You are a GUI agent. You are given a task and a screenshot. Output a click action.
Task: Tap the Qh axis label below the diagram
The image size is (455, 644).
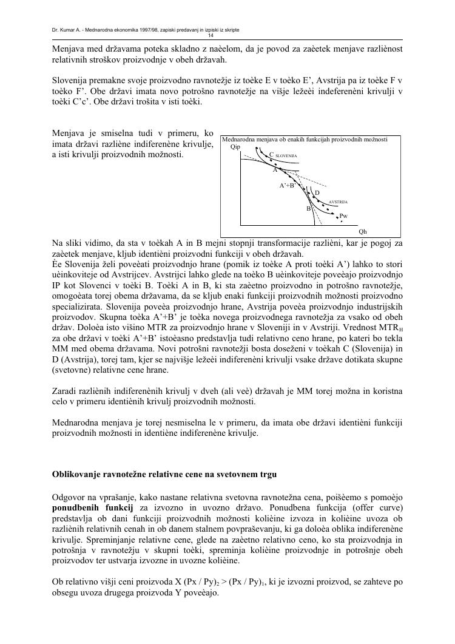(x=362, y=231)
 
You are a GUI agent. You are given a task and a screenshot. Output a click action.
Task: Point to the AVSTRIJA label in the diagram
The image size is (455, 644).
(x=338, y=201)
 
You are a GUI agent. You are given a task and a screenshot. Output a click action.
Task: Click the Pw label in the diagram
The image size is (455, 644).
(x=343, y=215)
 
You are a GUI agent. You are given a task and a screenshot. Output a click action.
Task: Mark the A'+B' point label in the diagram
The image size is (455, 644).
(x=286, y=186)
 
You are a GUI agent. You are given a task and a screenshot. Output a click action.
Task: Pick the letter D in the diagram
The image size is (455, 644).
(x=317, y=193)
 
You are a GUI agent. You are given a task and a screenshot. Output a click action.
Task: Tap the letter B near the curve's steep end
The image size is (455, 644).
(x=308, y=208)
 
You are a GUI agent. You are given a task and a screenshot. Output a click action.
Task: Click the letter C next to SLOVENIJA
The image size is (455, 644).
(x=271, y=155)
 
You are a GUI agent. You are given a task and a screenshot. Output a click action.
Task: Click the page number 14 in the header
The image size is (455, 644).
(x=227, y=35)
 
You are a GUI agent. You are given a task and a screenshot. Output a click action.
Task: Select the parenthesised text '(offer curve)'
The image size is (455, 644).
(x=377, y=507)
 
